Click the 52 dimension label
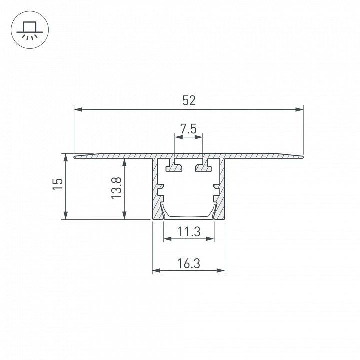pyautogui.click(x=189, y=101)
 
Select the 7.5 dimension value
pyautogui.click(x=188, y=129)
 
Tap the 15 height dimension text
pyautogui.click(x=58, y=184)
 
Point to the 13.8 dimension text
pyautogui.click(x=116, y=188)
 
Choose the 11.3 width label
pyautogui.click(x=189, y=232)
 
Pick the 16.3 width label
pyautogui.click(x=189, y=263)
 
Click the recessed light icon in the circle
pyautogui.click(x=30, y=30)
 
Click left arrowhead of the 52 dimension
pyautogui.click(x=78, y=109)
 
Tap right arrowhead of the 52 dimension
pyautogui.click(x=299, y=109)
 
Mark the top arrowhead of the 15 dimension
pyautogui.click(x=66, y=158)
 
